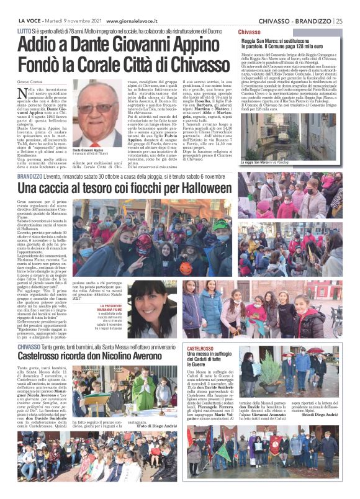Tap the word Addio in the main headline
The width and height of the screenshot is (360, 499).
[41, 45]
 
